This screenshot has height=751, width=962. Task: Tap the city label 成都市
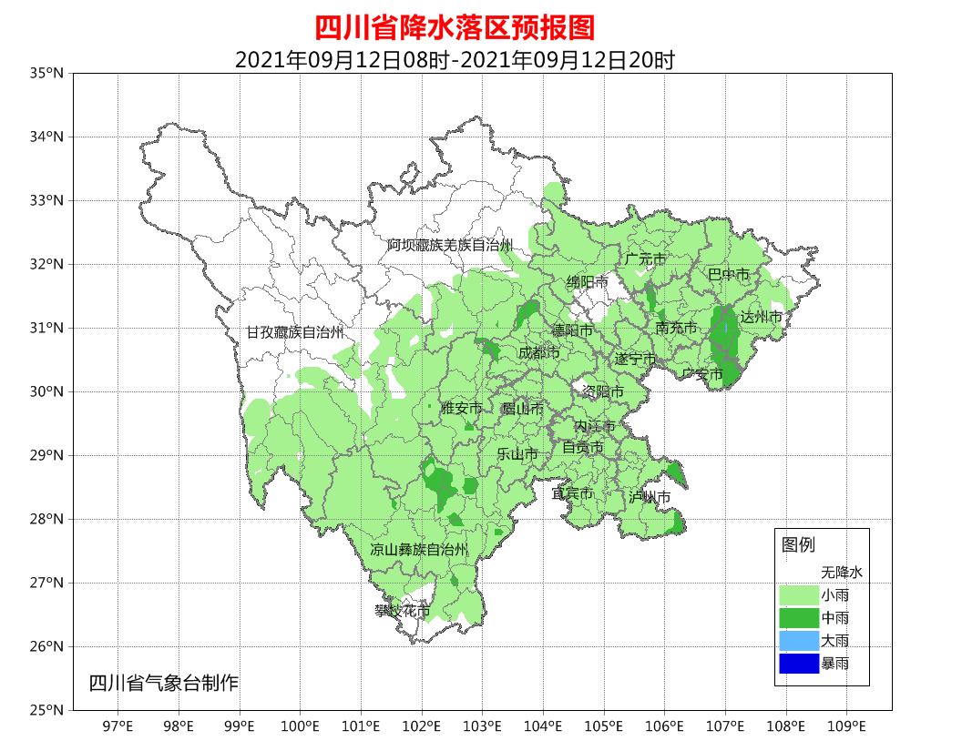[538, 352]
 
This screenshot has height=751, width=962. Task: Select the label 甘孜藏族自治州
[294, 332]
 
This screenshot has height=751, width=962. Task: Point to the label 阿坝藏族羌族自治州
[449, 245]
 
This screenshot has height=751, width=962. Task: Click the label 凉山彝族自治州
[418, 550]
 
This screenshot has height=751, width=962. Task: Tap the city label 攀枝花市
[402, 611]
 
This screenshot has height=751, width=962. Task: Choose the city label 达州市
[761, 317]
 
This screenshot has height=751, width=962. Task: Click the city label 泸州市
[650, 497]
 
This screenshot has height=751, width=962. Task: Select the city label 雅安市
[461, 409]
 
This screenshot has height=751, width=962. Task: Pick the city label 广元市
[645, 259]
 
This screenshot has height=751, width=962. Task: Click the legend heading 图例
[798, 544]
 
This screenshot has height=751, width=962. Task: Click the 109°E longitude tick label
[846, 726]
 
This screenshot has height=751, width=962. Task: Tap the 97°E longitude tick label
[118, 726]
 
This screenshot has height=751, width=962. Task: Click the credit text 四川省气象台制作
[163, 683]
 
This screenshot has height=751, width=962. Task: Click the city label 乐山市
[517, 454]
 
